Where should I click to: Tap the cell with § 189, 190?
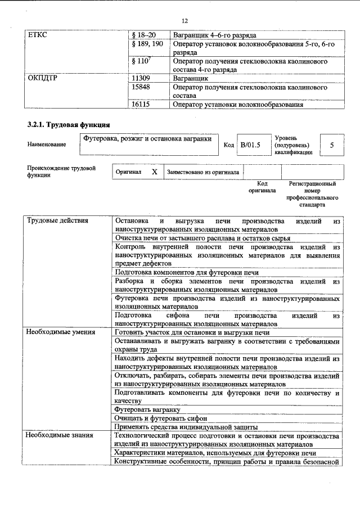pos(147,44)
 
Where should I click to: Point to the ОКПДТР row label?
pos(43,78)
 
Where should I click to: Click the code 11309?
pos(141,78)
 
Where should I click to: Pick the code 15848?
pos(141,87)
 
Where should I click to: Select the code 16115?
pos(141,104)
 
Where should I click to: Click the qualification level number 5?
pos(332,145)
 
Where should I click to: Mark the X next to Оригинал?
pos(154,172)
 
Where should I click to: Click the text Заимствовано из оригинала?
pos(202,173)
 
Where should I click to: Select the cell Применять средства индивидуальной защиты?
pos(186,427)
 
